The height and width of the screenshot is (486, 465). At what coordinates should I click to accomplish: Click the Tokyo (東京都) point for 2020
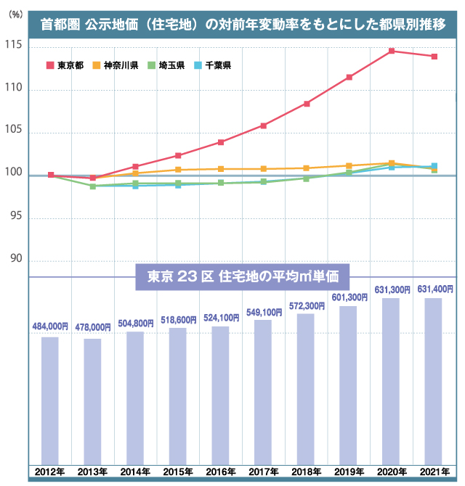[392, 51]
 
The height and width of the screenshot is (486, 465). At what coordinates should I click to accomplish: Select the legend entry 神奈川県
[116, 66]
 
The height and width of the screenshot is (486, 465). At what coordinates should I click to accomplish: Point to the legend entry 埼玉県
[164, 66]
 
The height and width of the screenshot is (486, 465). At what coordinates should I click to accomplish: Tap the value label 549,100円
[263, 312]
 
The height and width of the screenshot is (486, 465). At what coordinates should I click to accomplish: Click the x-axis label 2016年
[221, 473]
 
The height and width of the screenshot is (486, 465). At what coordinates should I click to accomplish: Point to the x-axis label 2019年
[349, 473]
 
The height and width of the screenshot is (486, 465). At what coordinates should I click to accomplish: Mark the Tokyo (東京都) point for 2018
[307, 104]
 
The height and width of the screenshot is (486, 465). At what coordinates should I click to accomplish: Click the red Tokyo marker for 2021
[434, 57]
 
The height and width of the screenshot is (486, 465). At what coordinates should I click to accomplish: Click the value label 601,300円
[349, 298]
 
